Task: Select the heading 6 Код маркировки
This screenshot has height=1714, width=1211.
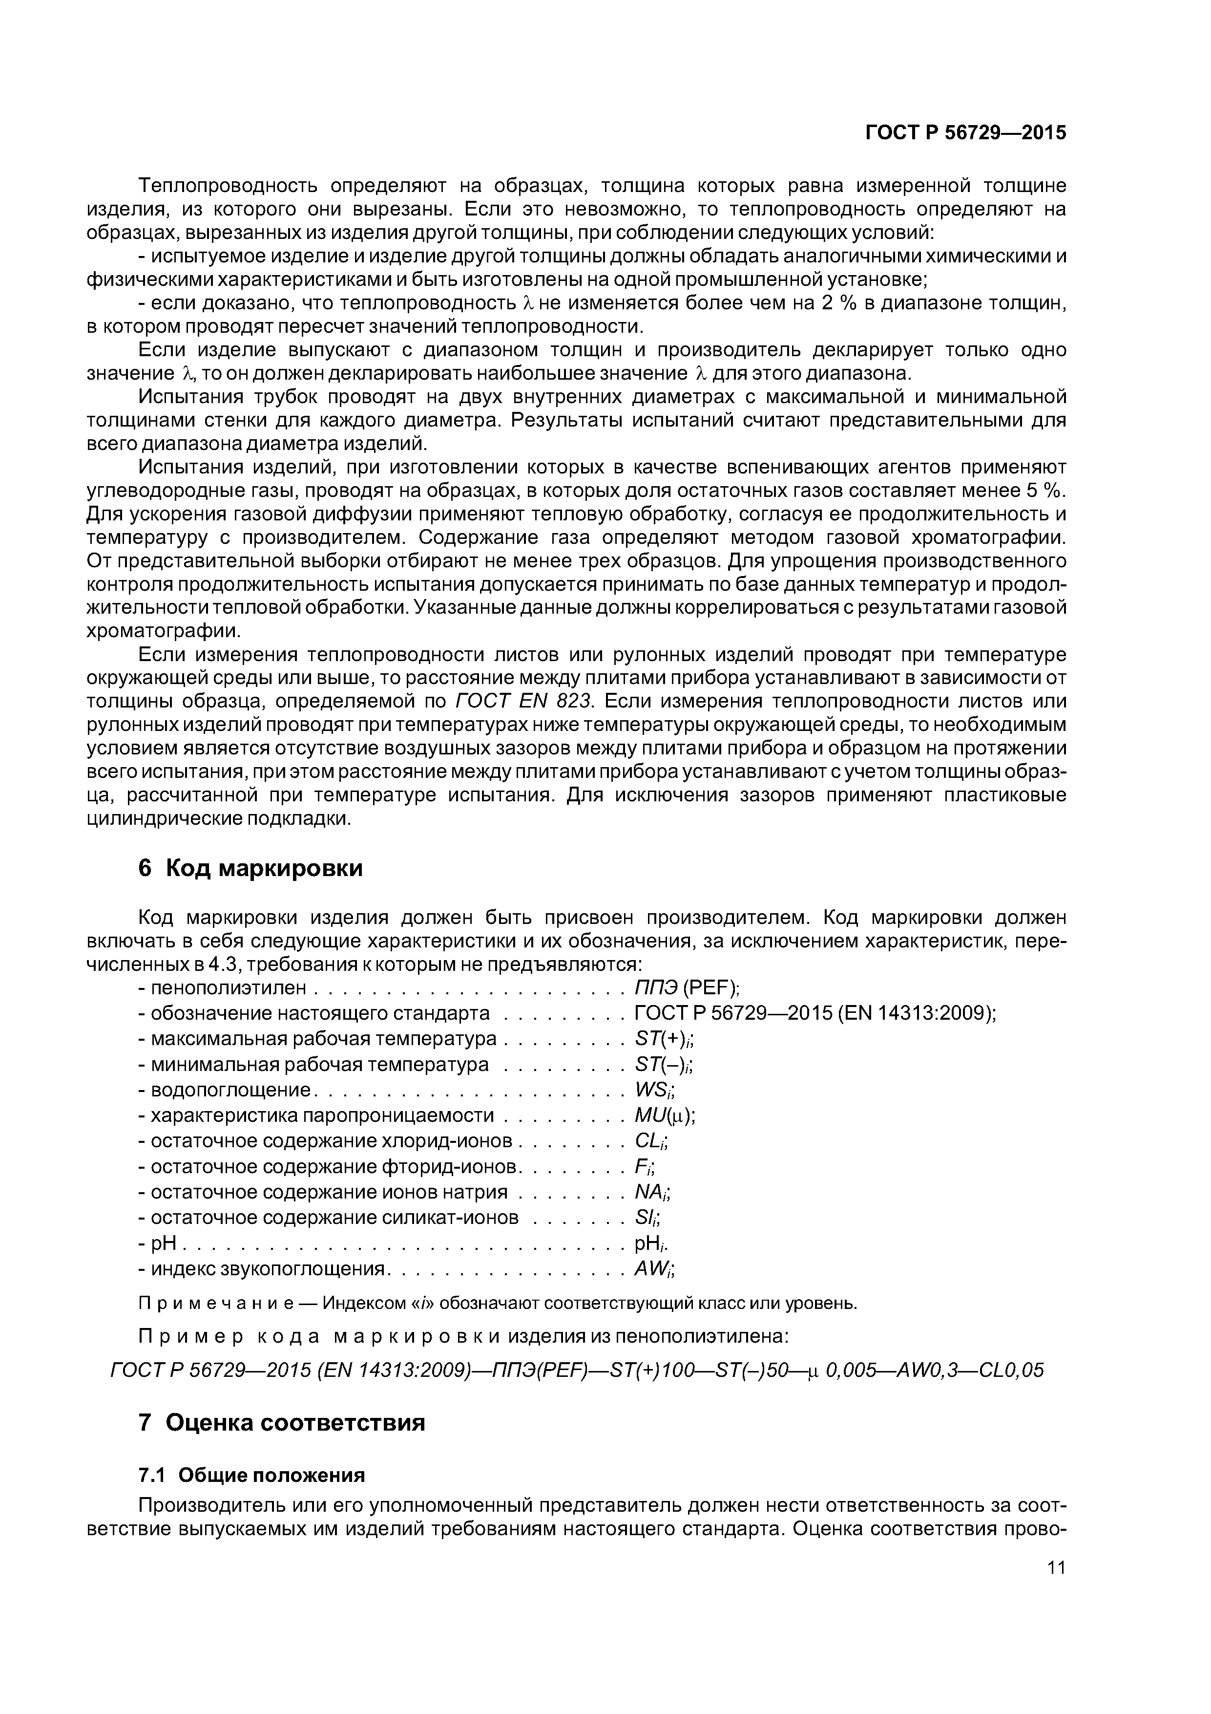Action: pyautogui.click(x=251, y=868)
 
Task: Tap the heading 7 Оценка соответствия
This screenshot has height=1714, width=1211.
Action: pyautogui.click(x=282, y=1422)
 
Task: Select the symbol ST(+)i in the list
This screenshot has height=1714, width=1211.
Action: pyautogui.click(x=665, y=1039)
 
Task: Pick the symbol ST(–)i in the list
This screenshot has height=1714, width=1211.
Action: pyautogui.click(x=665, y=1065)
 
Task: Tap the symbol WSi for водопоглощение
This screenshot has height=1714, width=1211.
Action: pyautogui.click(x=654, y=1091)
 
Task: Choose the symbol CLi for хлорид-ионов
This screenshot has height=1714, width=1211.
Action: pyautogui.click(x=650, y=1141)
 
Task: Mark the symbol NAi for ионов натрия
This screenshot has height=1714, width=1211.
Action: pyautogui.click(x=652, y=1193)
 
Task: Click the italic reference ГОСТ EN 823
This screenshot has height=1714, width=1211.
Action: pyautogui.click(x=522, y=702)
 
